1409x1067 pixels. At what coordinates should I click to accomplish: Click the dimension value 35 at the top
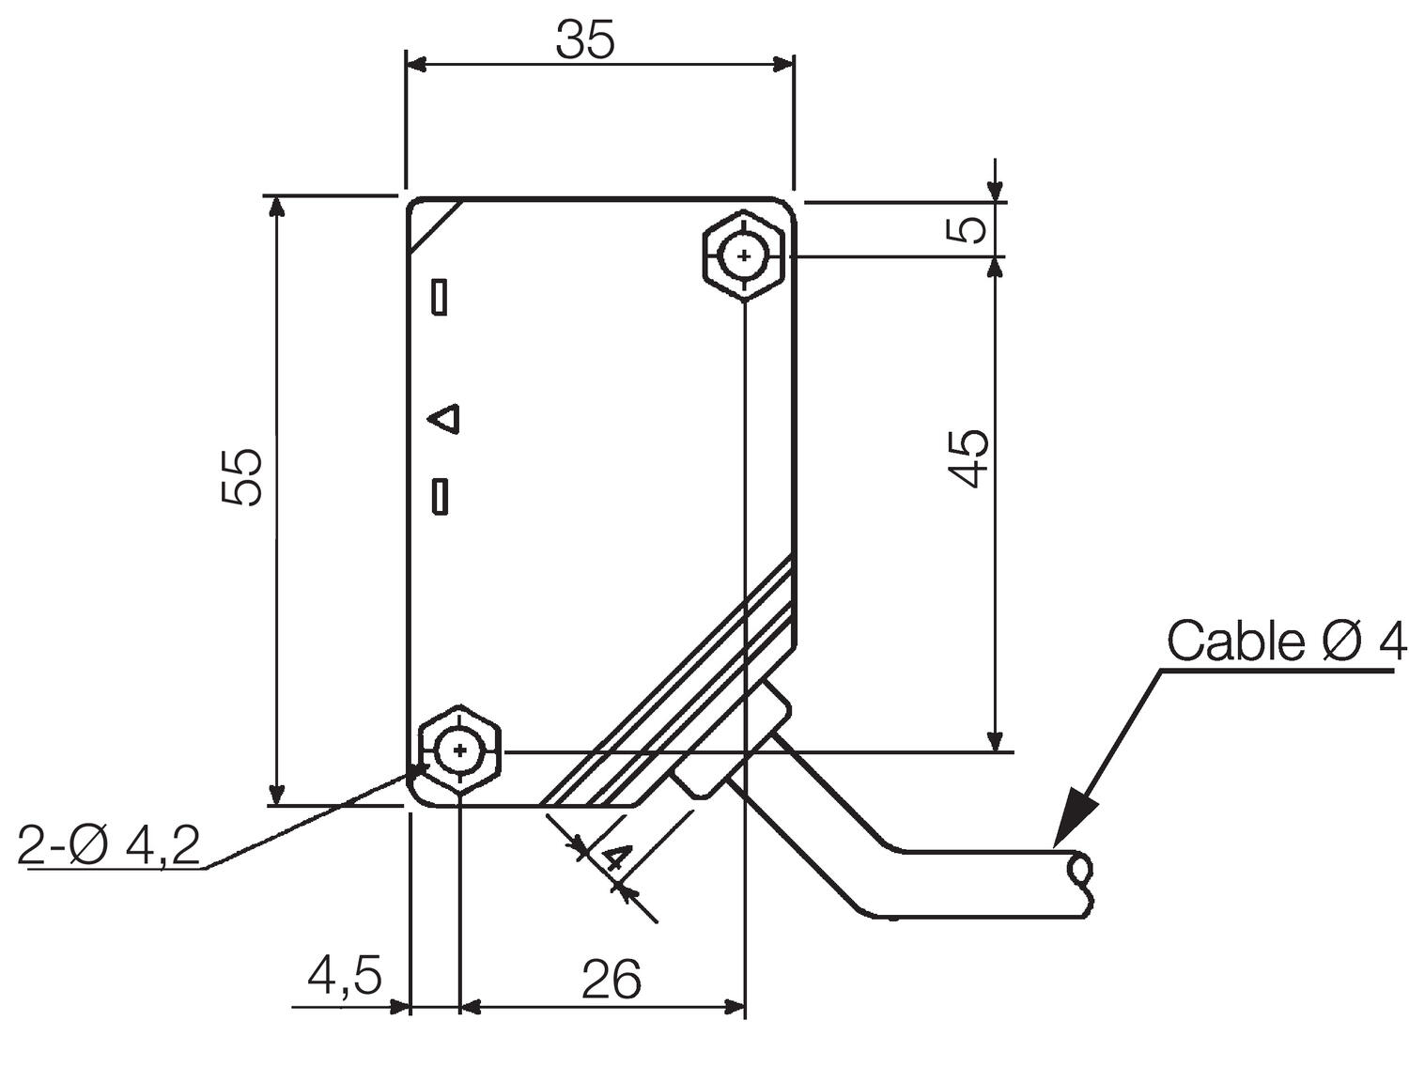[584, 40]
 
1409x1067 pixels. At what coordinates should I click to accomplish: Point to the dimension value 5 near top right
[969, 229]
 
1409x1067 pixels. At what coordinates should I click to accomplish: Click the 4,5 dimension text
[344, 977]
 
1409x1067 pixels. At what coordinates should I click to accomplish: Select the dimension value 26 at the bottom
[611, 980]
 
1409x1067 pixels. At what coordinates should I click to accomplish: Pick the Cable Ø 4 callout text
[1286, 642]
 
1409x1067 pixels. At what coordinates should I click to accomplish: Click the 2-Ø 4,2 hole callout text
[109, 847]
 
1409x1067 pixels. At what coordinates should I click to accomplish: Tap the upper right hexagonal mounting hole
[743, 255]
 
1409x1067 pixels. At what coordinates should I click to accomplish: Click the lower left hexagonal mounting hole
[459, 750]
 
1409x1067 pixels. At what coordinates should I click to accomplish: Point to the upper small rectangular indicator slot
[439, 297]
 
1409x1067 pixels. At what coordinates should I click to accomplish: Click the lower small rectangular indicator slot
[439, 496]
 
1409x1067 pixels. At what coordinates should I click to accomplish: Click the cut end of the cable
[1081, 884]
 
